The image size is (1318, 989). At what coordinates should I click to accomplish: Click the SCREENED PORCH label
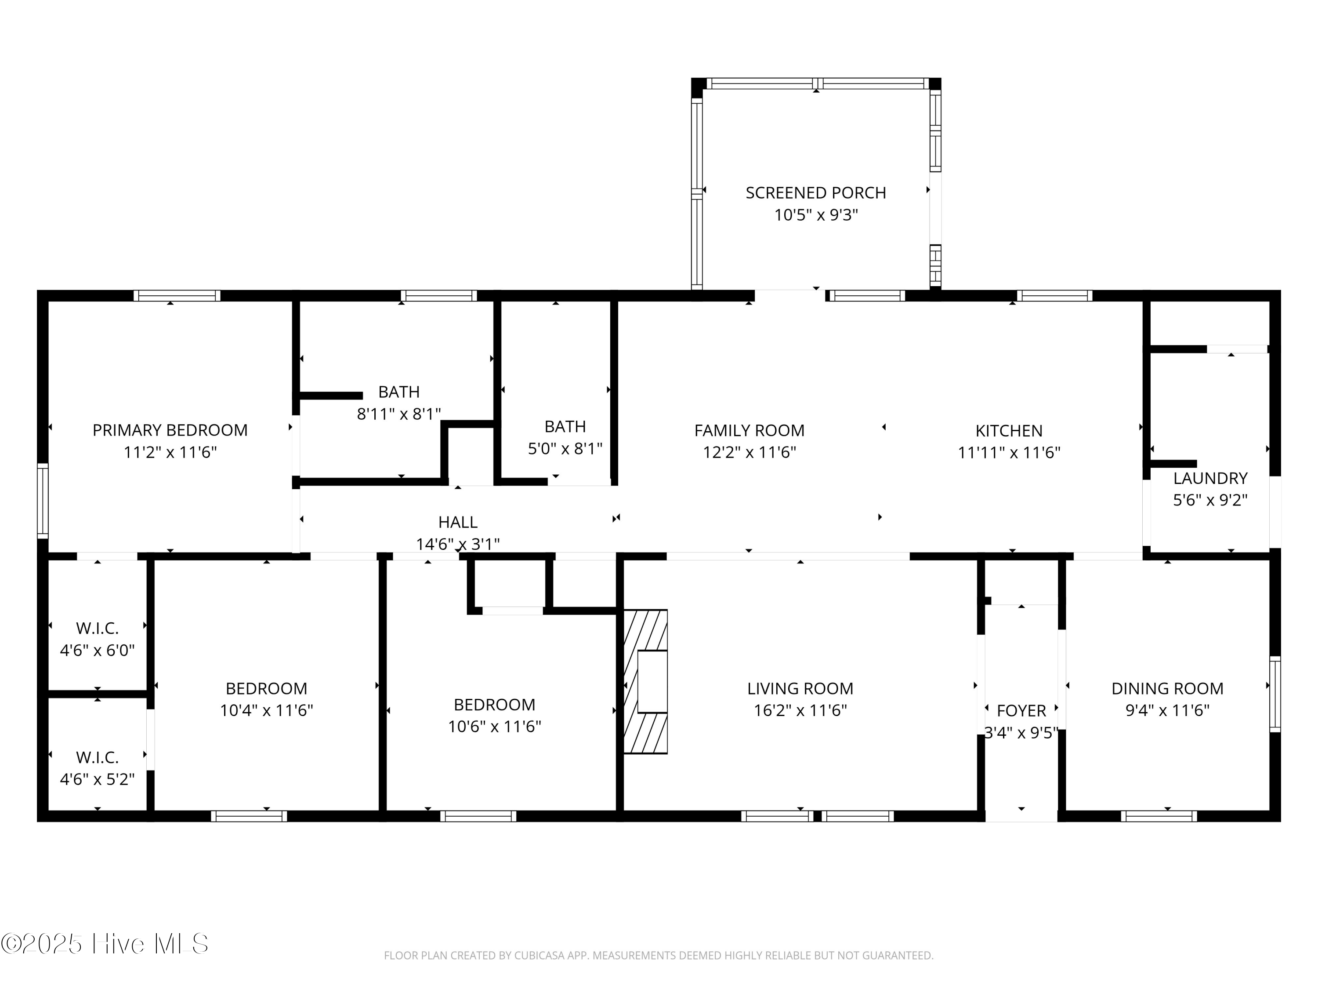click(x=816, y=193)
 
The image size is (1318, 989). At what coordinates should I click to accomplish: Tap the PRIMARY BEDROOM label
click(x=170, y=430)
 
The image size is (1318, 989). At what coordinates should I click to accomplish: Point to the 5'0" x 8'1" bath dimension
click(x=565, y=448)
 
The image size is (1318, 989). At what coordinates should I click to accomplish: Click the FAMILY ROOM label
click(x=749, y=430)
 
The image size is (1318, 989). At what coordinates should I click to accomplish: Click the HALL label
click(x=458, y=522)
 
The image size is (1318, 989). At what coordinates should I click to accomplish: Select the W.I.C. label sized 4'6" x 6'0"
click(x=97, y=628)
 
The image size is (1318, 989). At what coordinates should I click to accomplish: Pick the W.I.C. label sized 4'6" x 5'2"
click(x=97, y=758)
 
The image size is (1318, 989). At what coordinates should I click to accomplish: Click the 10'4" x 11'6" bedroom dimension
click(x=266, y=711)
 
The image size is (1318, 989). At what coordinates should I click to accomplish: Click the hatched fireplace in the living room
click(x=645, y=681)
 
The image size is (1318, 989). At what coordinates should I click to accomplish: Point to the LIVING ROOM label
click(x=800, y=688)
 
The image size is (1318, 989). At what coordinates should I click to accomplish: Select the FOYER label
click(x=1021, y=711)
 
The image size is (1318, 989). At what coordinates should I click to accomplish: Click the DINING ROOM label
click(x=1167, y=688)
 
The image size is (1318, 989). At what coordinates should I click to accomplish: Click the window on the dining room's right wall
click(x=1275, y=694)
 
